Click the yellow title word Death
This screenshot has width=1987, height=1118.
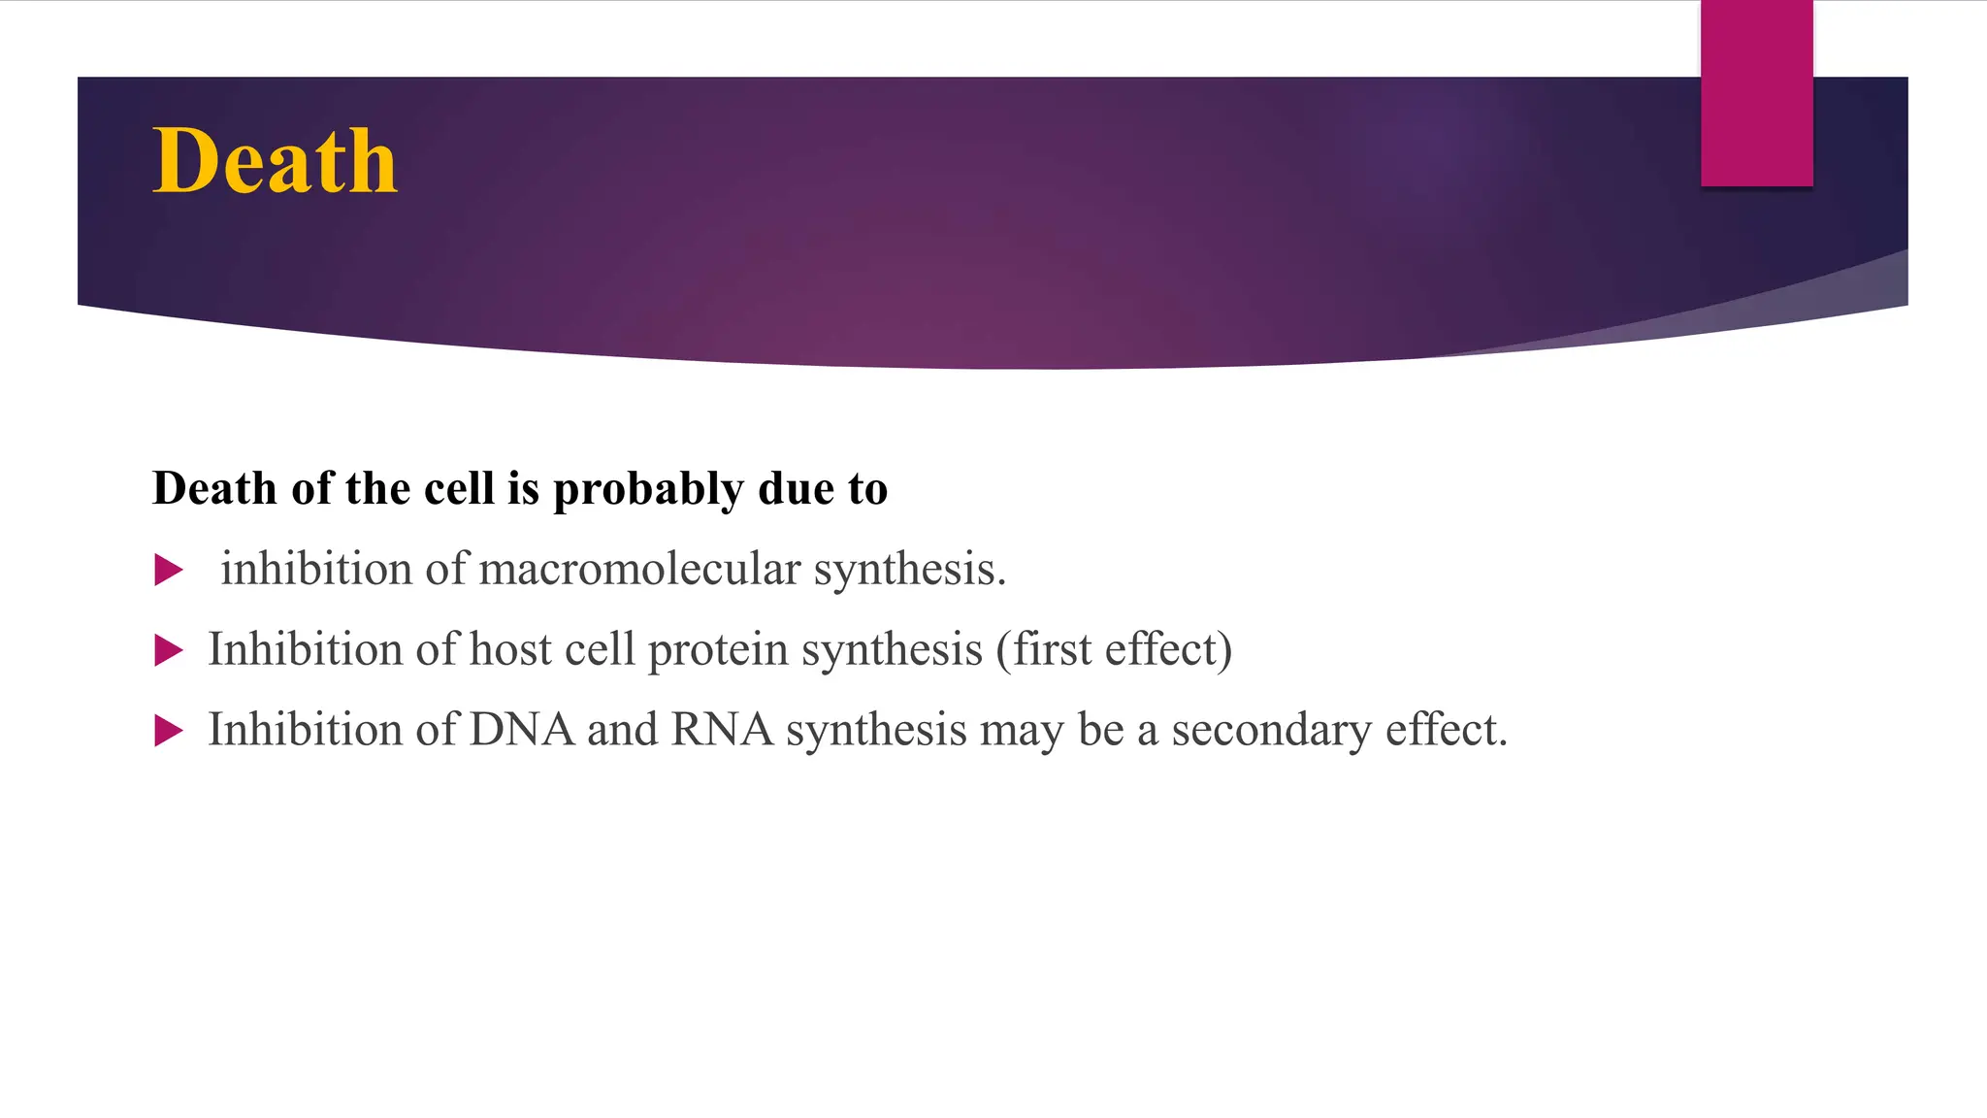(x=275, y=161)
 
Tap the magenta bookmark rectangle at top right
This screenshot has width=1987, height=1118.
(x=1756, y=93)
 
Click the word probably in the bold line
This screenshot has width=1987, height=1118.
(x=648, y=489)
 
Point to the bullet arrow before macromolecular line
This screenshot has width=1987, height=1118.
(x=168, y=570)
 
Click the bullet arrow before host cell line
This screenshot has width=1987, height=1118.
(x=168, y=650)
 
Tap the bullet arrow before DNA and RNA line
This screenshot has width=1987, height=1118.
(x=168, y=731)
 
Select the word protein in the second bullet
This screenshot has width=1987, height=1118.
(x=718, y=650)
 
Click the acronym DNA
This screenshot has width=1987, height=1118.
(x=522, y=730)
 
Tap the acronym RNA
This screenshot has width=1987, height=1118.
(x=722, y=730)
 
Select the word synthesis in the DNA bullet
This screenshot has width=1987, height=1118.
(x=876, y=731)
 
